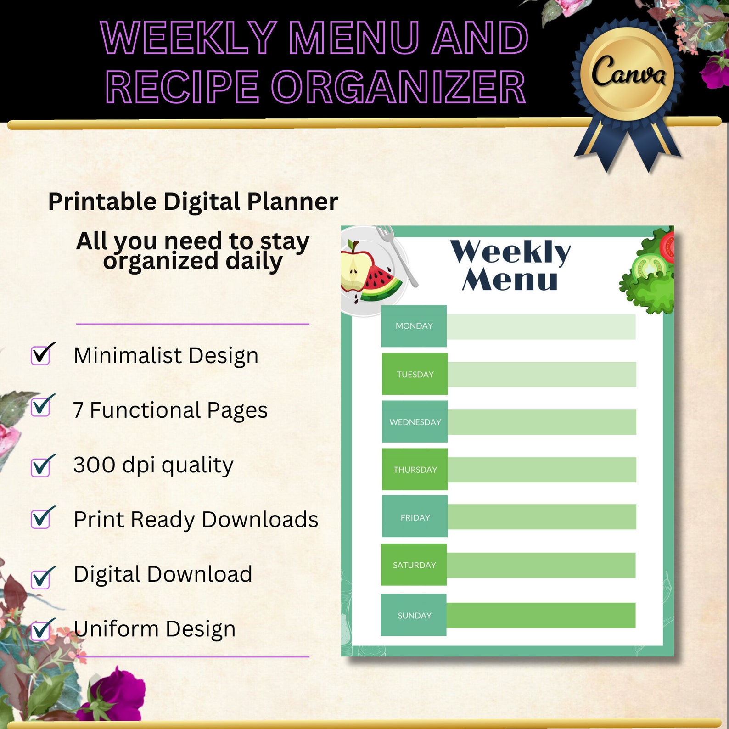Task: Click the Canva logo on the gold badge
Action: click(628, 72)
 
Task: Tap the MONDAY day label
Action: click(414, 326)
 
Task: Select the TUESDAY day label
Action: click(415, 374)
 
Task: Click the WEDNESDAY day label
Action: click(415, 422)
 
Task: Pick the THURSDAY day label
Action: click(415, 470)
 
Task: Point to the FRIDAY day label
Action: click(415, 517)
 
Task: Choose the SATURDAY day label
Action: click(414, 565)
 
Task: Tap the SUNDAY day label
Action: click(414, 615)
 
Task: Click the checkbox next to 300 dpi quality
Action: click(41, 467)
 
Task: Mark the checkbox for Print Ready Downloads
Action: click(41, 519)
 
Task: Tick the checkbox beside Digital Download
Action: click(41, 578)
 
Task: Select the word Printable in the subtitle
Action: click(102, 202)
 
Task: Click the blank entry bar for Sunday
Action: click(541, 615)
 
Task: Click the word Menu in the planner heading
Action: click(510, 280)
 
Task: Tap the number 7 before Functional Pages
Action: click(78, 410)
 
